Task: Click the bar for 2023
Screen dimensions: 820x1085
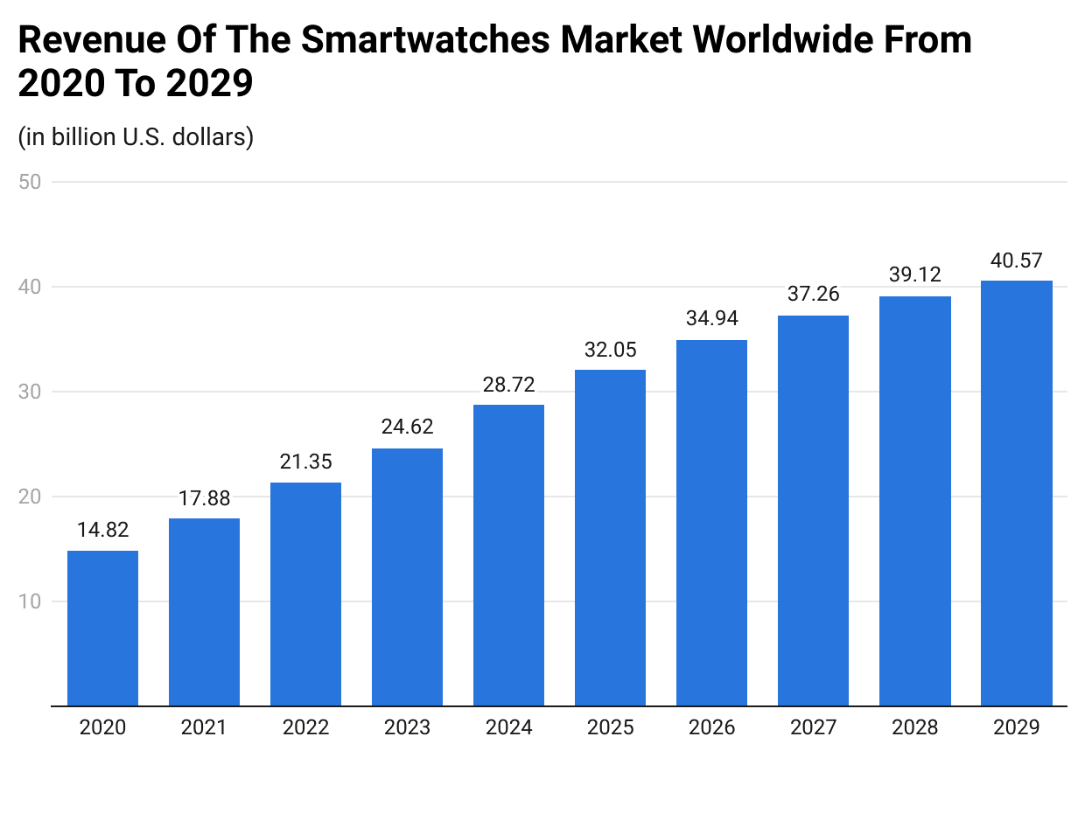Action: coord(407,577)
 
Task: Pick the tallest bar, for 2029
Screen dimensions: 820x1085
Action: coord(1016,493)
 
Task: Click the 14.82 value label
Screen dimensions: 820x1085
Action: coord(102,530)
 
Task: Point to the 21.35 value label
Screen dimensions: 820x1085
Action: coord(305,462)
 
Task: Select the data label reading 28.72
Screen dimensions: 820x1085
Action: coord(508,384)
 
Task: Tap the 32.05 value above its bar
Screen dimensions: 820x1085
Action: coord(610,349)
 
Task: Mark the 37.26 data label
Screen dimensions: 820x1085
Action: coord(813,295)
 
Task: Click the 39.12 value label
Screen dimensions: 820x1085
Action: coord(914,274)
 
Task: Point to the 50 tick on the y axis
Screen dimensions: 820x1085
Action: coord(33,182)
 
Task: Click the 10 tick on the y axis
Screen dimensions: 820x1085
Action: coord(33,601)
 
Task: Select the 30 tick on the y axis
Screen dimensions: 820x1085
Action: coord(33,392)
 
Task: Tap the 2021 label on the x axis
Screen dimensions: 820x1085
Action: coord(204,727)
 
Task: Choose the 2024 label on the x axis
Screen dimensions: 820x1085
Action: coord(508,727)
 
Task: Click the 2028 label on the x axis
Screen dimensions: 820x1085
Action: coord(914,727)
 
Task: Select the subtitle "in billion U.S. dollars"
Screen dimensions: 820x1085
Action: coord(136,137)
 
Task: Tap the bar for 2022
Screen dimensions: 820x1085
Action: coord(305,594)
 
